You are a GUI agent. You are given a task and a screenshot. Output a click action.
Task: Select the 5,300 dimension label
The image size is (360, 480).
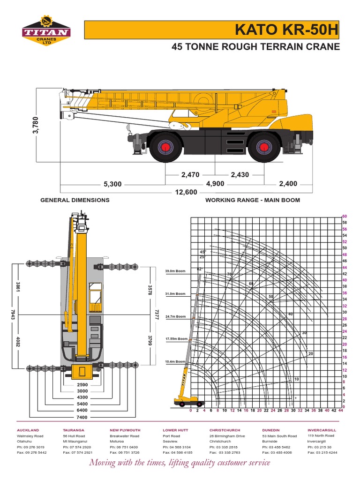pyautogui.click(x=112, y=184)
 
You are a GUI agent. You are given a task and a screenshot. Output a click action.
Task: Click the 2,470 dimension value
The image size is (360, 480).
pyautogui.click(x=190, y=175)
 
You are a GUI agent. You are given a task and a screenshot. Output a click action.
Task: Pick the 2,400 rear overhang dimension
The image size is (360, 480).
pyautogui.click(x=288, y=184)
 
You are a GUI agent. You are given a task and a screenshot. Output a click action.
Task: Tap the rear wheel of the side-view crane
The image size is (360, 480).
pyautogui.click(x=264, y=147)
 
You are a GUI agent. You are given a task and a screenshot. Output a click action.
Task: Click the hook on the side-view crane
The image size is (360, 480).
pyautogui.click(x=186, y=125)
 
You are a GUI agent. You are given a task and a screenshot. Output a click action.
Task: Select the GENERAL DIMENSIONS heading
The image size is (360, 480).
pyautogui.click(x=75, y=200)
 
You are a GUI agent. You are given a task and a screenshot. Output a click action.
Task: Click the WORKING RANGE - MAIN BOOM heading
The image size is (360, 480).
pyautogui.click(x=253, y=200)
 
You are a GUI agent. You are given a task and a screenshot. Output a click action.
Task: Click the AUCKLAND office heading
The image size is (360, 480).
pyautogui.click(x=28, y=430)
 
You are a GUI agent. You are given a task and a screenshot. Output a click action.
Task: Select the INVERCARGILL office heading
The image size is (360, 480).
pyautogui.click(x=322, y=430)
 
